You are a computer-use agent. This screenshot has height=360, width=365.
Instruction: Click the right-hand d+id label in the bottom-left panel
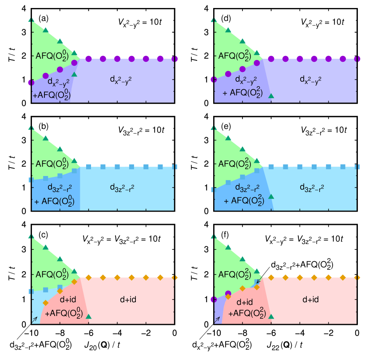[x=127, y=300]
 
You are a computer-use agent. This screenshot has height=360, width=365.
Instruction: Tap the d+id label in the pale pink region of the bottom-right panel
[x=310, y=300]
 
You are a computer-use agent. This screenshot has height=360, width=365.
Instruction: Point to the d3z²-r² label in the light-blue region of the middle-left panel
[x=122, y=188]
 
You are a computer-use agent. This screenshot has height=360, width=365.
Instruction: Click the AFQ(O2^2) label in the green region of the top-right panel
[x=234, y=56]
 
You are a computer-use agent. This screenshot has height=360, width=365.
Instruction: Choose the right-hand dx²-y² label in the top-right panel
[x=310, y=80]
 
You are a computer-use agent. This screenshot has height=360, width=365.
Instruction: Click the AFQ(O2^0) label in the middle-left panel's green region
[x=52, y=164]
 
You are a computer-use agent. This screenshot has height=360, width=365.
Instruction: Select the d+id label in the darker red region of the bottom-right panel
[x=243, y=302]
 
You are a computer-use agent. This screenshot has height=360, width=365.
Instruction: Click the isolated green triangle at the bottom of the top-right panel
[x=271, y=96]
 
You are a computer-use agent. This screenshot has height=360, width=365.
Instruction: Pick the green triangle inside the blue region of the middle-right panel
[x=271, y=196]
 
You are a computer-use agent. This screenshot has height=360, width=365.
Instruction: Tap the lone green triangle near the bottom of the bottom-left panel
[x=88, y=316]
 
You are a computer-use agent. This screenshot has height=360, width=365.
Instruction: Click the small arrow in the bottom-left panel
[x=34, y=319]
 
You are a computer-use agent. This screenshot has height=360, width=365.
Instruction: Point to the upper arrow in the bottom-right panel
[x=259, y=280]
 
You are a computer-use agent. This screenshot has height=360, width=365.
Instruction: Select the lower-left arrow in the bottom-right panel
[x=217, y=319]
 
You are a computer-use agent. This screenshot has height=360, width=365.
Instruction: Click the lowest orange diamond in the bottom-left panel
[x=45, y=303]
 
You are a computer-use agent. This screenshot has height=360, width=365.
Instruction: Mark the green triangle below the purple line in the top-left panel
[x=74, y=74]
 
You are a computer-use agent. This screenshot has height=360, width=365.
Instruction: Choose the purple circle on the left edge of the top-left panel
[x=31, y=82]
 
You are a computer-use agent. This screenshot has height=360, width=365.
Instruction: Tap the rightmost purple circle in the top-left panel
[x=175, y=59]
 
